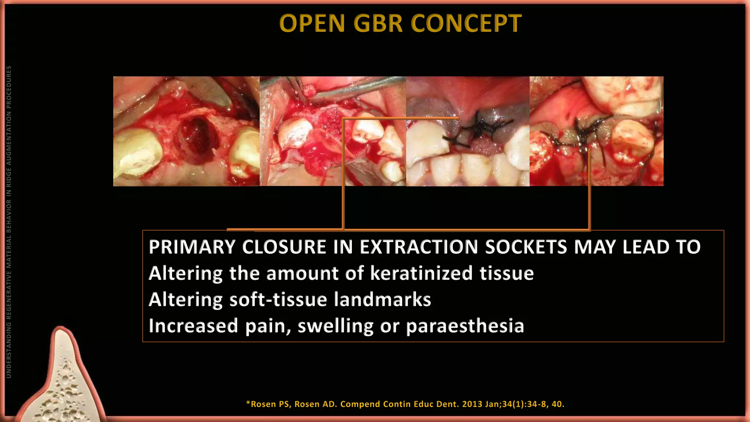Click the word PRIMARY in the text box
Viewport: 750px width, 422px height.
192,247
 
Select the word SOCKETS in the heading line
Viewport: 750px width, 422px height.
526,247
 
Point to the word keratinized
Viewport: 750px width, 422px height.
421,273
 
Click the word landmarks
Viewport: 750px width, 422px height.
382,300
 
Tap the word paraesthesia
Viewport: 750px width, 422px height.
465,326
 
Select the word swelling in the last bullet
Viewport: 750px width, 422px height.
335,326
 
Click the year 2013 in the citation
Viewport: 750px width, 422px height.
472,404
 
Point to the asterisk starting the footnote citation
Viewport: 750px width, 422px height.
248,403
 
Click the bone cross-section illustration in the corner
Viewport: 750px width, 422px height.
62,381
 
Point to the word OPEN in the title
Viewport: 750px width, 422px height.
312,23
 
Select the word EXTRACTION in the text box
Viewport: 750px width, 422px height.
419,247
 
